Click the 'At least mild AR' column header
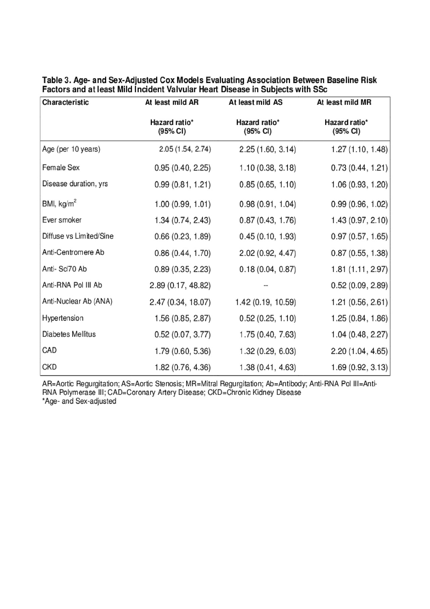pyautogui.click(x=172, y=102)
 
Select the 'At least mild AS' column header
pyautogui.click(x=256, y=102)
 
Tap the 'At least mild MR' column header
pyautogui.click(x=344, y=102)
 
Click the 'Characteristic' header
pyautogui.click(x=66, y=102)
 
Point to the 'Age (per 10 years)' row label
pyautogui.click(x=71, y=149)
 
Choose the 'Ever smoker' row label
pyautogui.click(x=62, y=220)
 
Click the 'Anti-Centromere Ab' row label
pyautogui.click(x=73, y=252)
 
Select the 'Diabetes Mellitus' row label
pyautogui.click(x=69, y=334)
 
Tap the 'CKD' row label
pyautogui.click(x=49, y=367)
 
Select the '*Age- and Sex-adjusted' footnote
pyautogui.click(x=79, y=401)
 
